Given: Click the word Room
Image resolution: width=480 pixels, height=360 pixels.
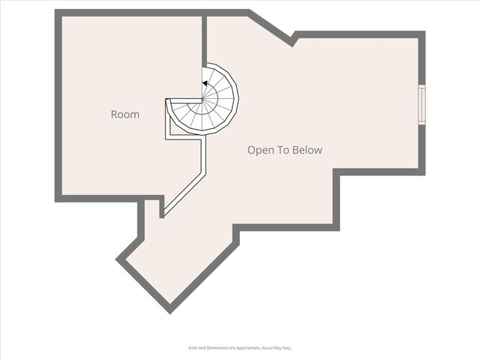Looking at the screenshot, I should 125,115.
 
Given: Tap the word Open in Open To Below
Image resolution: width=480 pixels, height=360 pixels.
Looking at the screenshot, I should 259,150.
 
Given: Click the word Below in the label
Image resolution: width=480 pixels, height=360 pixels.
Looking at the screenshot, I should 308,150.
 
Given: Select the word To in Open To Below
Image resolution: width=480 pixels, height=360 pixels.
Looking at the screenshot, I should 283,150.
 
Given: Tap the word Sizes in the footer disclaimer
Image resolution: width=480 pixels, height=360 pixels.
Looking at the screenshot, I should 193,348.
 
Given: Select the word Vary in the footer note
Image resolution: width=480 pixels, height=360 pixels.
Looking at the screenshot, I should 286,348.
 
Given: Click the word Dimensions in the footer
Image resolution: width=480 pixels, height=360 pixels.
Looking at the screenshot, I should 217,348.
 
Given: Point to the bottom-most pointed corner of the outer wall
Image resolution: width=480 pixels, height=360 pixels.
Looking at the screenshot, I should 169,310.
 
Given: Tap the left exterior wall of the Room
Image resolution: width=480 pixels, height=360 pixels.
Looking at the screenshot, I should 58,105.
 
